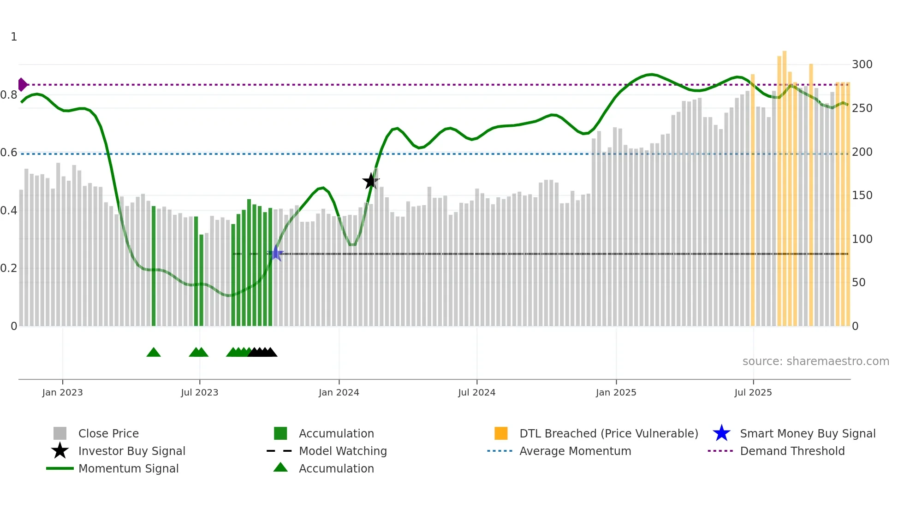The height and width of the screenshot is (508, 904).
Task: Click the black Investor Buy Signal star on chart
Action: [370, 181]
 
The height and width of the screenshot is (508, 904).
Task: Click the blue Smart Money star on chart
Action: [276, 253]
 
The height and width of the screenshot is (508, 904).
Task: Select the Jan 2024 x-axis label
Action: [339, 392]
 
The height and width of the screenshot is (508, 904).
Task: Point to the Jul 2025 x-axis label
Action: [753, 392]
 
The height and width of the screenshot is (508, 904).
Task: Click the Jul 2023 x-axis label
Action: [199, 392]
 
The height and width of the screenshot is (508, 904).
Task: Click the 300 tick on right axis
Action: [862, 65]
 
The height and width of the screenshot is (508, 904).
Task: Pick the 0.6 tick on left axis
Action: [9, 153]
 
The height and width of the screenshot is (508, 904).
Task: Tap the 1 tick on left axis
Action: [14, 37]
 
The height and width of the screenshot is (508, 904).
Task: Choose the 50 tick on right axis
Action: [858, 283]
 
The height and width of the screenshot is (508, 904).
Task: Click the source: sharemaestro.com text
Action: [815, 361]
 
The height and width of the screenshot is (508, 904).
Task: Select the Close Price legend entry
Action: [108, 433]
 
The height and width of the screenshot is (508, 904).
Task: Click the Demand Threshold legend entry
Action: [792, 451]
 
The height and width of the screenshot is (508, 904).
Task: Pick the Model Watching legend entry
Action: [343, 451]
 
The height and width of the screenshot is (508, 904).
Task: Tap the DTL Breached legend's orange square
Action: [501, 433]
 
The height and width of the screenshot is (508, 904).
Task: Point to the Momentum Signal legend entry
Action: [128, 468]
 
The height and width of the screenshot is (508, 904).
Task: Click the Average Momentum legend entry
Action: [575, 451]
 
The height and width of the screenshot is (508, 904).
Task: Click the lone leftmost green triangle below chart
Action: [154, 353]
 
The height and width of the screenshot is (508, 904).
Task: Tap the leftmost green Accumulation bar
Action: [154, 267]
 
